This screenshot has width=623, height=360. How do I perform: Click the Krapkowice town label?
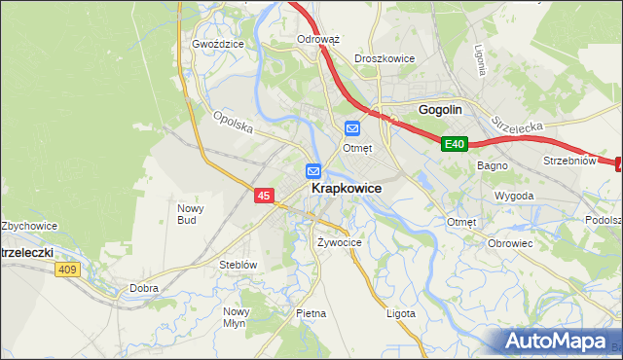[346, 188]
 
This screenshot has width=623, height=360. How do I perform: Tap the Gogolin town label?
[439, 110]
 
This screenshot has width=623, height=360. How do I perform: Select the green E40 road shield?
[455, 144]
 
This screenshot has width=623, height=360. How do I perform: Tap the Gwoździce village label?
[217, 44]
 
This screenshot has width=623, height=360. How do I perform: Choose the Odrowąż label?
[317, 40]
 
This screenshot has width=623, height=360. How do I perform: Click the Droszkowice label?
[385, 58]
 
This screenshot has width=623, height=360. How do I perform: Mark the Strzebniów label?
[568, 161]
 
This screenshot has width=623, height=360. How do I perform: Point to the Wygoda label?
[513, 196]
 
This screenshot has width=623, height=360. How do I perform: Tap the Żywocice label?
[340, 242]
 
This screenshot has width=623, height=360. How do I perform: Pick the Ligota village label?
[400, 313]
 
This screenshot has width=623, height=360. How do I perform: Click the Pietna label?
[311, 313]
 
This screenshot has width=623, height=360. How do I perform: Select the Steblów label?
[238, 265]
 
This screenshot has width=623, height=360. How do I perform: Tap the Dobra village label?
[144, 288]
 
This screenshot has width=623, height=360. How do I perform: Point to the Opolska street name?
[234, 123]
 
